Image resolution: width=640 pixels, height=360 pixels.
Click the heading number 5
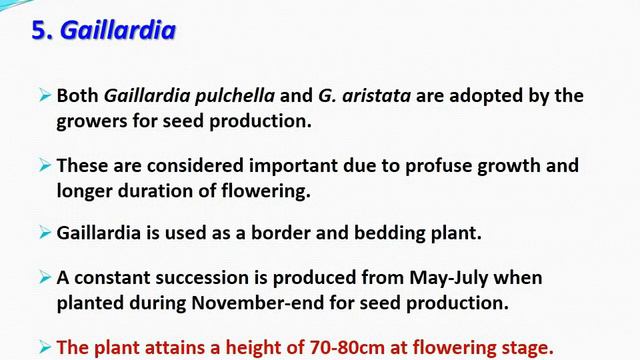click(x=41, y=31)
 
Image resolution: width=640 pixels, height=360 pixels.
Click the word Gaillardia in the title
click(x=118, y=31)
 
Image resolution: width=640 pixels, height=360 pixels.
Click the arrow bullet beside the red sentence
click(x=45, y=346)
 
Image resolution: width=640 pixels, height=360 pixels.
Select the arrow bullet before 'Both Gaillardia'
click(x=45, y=96)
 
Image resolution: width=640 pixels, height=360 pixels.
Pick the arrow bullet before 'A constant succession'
click(x=45, y=277)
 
